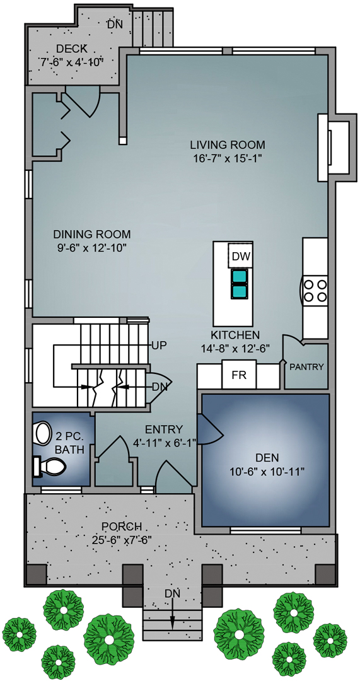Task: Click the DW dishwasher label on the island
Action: [x=240, y=257]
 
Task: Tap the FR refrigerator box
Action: [x=238, y=376]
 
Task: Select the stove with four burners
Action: [x=315, y=291]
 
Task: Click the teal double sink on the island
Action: [x=240, y=283]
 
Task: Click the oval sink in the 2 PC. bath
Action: [x=43, y=433]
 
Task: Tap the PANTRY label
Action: [x=306, y=367]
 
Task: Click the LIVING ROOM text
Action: [x=228, y=144]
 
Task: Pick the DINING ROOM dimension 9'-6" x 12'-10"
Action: [x=91, y=248]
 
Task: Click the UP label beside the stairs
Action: [x=158, y=346]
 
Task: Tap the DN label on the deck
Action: [x=114, y=25]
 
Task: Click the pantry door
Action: [x=293, y=341]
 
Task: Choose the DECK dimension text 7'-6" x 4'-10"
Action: [x=71, y=62]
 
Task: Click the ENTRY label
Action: [x=164, y=429]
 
